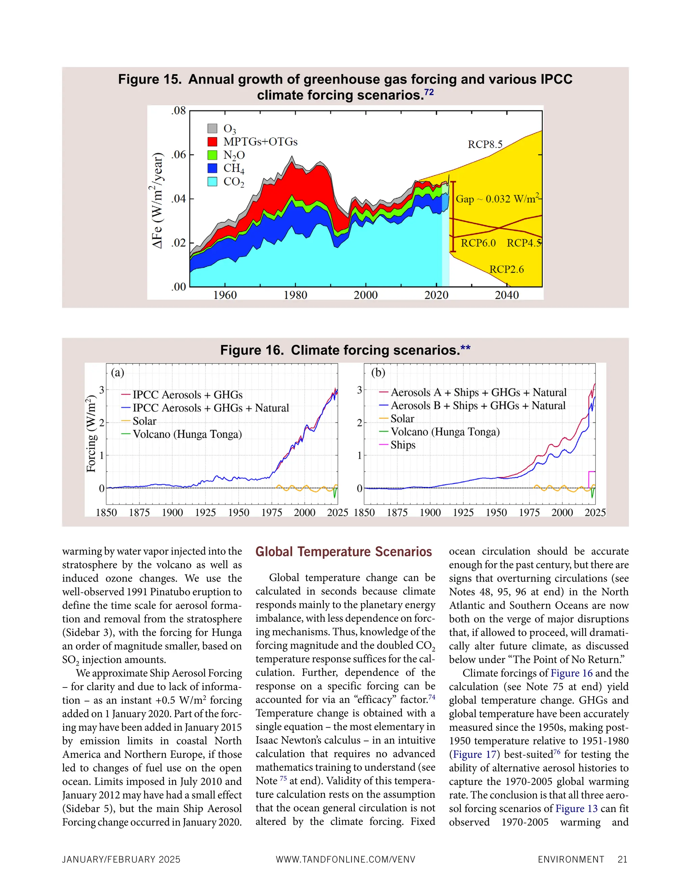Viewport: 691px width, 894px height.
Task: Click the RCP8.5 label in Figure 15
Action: click(485, 144)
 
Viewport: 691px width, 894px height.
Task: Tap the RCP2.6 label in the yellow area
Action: click(506, 269)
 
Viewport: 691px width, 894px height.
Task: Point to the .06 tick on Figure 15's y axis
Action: click(178, 155)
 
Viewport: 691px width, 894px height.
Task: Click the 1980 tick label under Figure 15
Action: click(295, 295)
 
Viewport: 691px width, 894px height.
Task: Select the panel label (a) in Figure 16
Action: click(117, 372)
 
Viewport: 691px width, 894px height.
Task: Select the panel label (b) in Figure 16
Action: click(378, 372)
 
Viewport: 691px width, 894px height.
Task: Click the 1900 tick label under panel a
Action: click(172, 512)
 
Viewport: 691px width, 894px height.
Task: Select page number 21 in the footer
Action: click(622, 860)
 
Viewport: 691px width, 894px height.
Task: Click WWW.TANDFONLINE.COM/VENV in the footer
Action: click(345, 860)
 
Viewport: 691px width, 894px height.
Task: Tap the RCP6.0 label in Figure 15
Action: click(478, 243)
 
